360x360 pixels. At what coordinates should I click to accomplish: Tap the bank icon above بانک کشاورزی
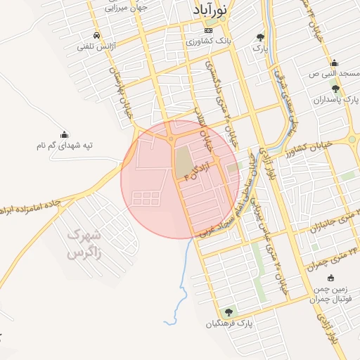207,31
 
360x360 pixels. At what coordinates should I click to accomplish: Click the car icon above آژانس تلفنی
96,35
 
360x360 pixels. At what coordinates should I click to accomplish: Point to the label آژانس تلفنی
96,46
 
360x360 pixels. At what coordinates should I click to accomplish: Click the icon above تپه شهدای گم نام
65,134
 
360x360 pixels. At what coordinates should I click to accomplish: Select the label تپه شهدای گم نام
65,146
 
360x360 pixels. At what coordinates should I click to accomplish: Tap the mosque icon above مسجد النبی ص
335,63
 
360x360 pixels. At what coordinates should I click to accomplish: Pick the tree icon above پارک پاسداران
335,89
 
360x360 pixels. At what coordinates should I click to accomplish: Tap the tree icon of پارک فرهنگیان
227,312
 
